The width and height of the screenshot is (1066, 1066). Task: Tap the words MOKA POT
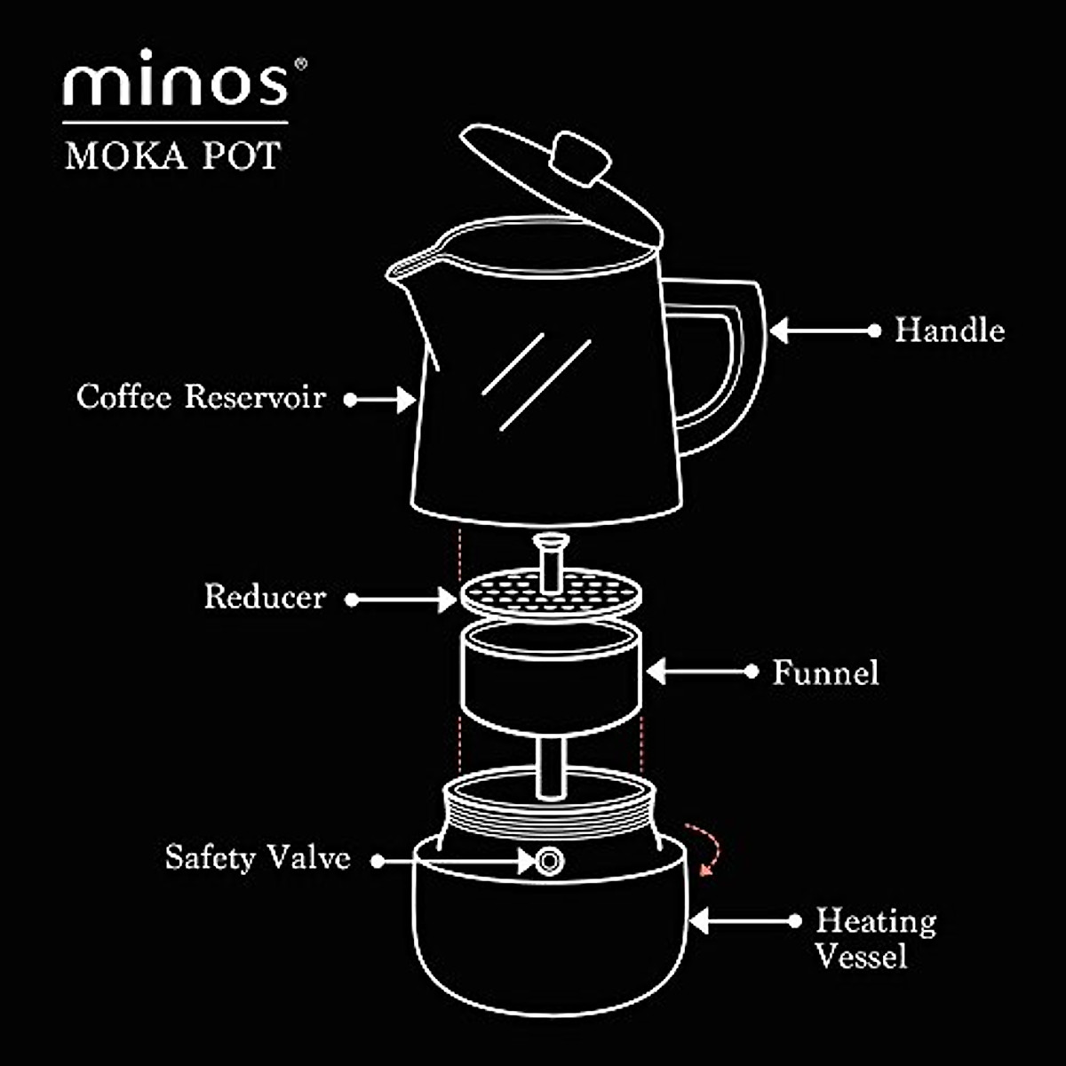(173, 155)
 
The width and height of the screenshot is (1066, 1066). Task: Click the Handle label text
(949, 330)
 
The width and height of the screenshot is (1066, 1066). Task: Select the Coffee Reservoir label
(201, 397)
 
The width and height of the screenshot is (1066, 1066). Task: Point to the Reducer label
(265, 597)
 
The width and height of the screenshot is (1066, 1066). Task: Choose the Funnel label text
(825, 672)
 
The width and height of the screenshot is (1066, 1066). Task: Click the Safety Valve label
(258, 858)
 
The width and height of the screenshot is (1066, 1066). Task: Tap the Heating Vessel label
(875, 938)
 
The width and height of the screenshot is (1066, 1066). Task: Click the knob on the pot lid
(579, 159)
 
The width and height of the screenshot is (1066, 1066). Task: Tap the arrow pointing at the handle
(822, 330)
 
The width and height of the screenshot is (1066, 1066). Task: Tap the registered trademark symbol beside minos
(301, 64)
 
